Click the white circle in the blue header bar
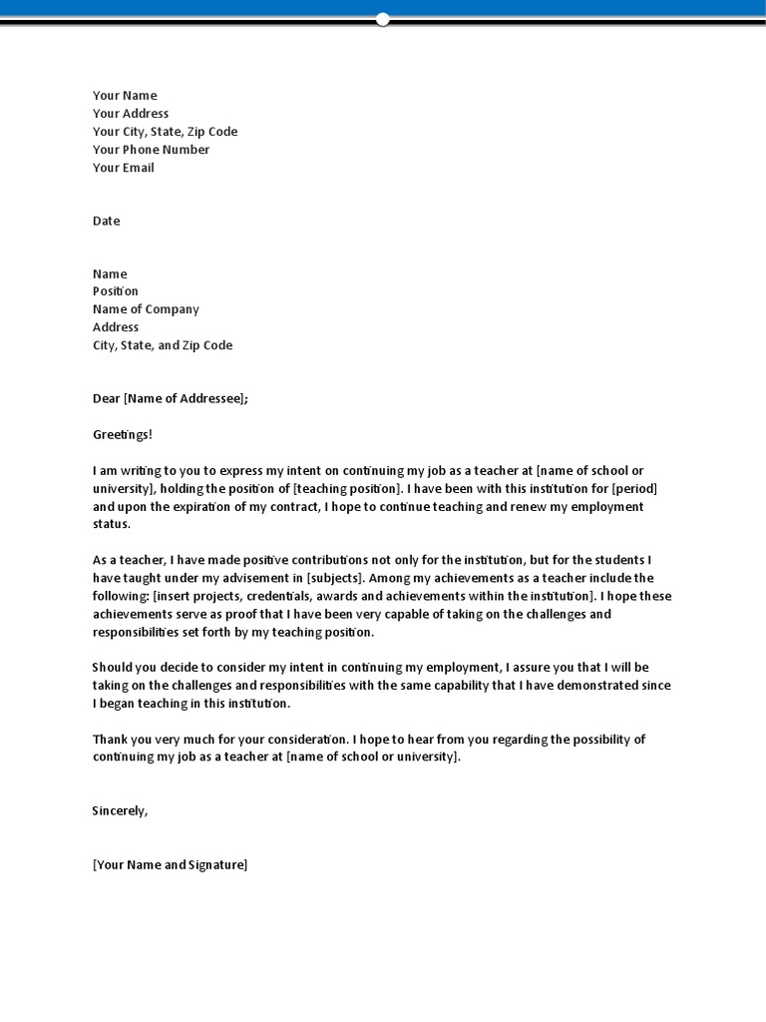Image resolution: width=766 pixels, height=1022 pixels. click(x=383, y=19)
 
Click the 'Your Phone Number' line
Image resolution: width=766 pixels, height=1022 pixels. click(x=151, y=150)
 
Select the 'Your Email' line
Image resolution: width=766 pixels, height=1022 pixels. click(x=124, y=168)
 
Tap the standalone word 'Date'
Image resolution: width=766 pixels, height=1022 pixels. click(x=106, y=221)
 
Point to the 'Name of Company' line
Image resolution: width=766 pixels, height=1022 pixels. click(x=146, y=309)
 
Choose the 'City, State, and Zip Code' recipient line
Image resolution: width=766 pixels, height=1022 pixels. click(x=163, y=345)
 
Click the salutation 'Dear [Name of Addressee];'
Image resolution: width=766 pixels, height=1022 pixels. click(x=171, y=398)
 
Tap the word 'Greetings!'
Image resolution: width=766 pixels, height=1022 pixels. click(x=123, y=434)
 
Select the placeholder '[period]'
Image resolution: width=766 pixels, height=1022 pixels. click(x=634, y=488)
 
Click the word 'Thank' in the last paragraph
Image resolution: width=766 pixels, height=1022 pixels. click(x=111, y=739)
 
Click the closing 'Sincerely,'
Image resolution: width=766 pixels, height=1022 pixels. click(x=120, y=810)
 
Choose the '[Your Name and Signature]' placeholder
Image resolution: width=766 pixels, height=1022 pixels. click(x=170, y=864)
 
